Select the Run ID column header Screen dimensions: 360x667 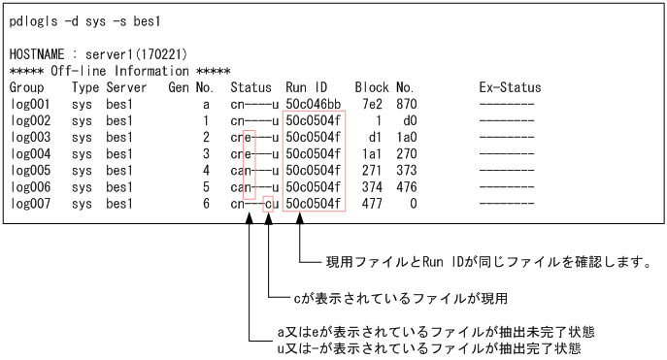coord(306,88)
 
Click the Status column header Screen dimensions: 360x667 coord(251,88)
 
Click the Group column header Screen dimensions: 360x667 coord(27,88)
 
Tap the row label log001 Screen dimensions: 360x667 coord(30,104)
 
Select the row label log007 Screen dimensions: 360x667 coord(30,203)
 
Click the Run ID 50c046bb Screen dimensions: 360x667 coord(313,104)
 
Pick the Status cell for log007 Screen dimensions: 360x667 coord(255,203)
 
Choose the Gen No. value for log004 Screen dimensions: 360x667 coord(206,153)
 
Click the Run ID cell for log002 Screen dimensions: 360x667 coord(313,120)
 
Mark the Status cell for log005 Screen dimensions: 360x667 coord(255,170)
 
